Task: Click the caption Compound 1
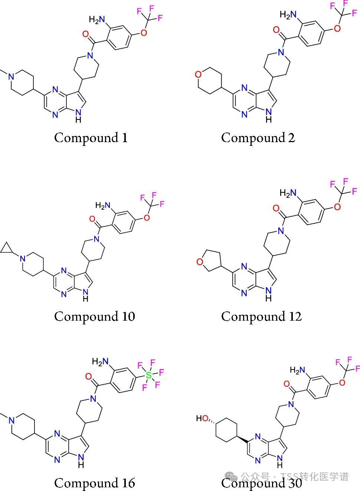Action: coord(91,138)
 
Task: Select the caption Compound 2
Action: coord(258,138)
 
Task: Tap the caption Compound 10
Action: coord(95,317)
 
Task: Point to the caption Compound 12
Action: coord(262,317)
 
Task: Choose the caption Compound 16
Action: coord(95,483)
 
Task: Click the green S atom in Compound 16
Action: coord(148,376)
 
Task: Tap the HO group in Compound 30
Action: coord(203,419)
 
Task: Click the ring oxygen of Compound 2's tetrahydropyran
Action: coord(198,75)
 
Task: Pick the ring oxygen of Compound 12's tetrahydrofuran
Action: coord(200,262)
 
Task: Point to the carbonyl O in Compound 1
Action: coord(86,35)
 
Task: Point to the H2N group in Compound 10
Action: coord(104,205)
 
